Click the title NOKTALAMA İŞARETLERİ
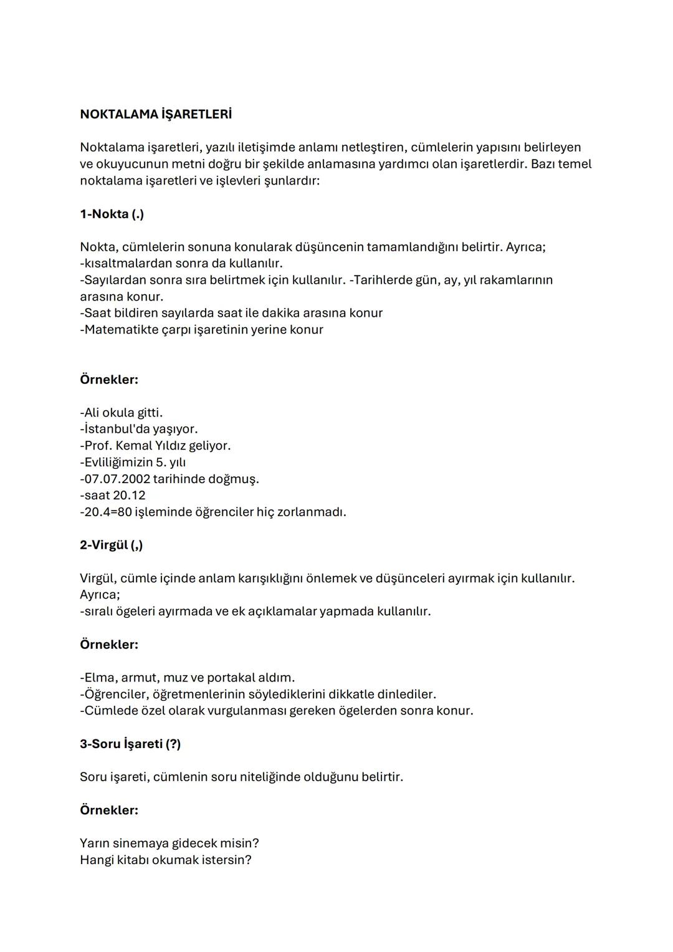pos(156,115)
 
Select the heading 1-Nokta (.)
pos(112,214)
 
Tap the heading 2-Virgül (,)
pos(111,545)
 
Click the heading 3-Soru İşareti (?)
pos(130,744)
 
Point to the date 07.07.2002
pos(117,479)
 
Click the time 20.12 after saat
pos(129,495)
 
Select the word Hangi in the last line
pos(97,860)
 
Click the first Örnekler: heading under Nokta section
pos(109,380)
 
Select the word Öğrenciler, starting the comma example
pos(115,694)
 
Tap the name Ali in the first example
pos(92,413)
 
